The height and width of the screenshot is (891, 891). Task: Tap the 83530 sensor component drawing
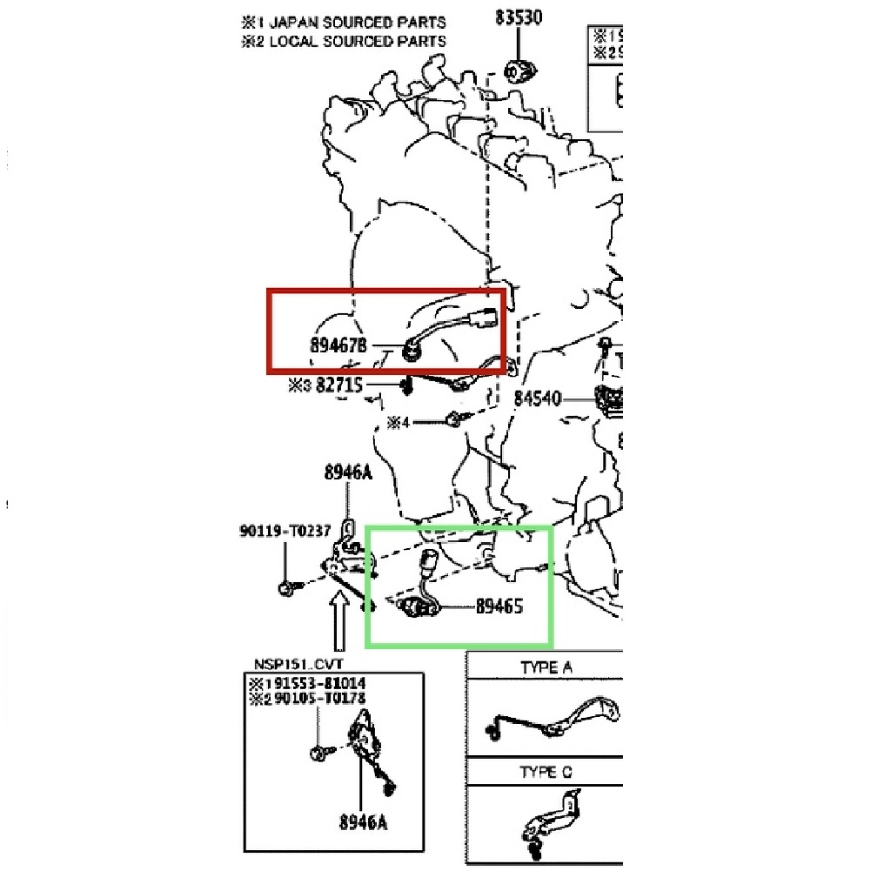tap(519, 70)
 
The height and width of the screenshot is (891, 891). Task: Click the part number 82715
tap(338, 385)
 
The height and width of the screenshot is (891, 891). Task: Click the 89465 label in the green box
tap(499, 606)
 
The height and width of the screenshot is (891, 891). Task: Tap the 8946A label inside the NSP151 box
tap(363, 820)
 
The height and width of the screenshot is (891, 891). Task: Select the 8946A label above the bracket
tap(347, 472)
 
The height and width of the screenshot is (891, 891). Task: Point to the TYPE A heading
tap(546, 667)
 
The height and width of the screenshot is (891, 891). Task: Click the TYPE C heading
tap(546, 772)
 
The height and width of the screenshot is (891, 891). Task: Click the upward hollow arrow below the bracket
tap(339, 621)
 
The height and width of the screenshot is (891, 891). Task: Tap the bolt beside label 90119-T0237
tap(285, 589)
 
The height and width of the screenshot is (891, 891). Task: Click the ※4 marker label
tap(399, 423)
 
